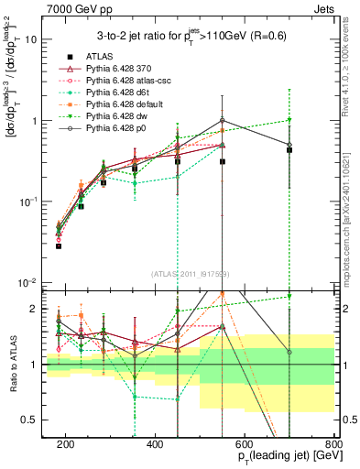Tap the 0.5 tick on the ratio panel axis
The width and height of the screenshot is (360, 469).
pyautogui.click(x=33, y=420)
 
